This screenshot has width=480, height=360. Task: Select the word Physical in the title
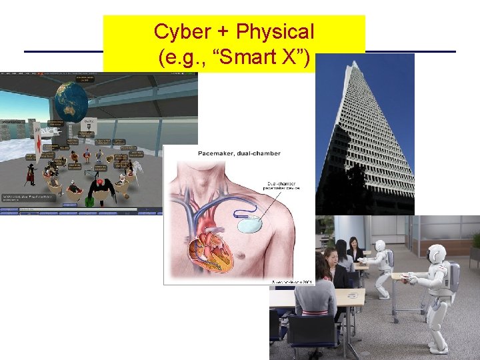[275, 31]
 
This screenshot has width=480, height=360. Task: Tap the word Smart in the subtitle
[249, 57]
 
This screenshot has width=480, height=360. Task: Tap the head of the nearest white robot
[437, 254]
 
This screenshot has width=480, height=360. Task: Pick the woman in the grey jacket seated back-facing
[316, 293]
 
